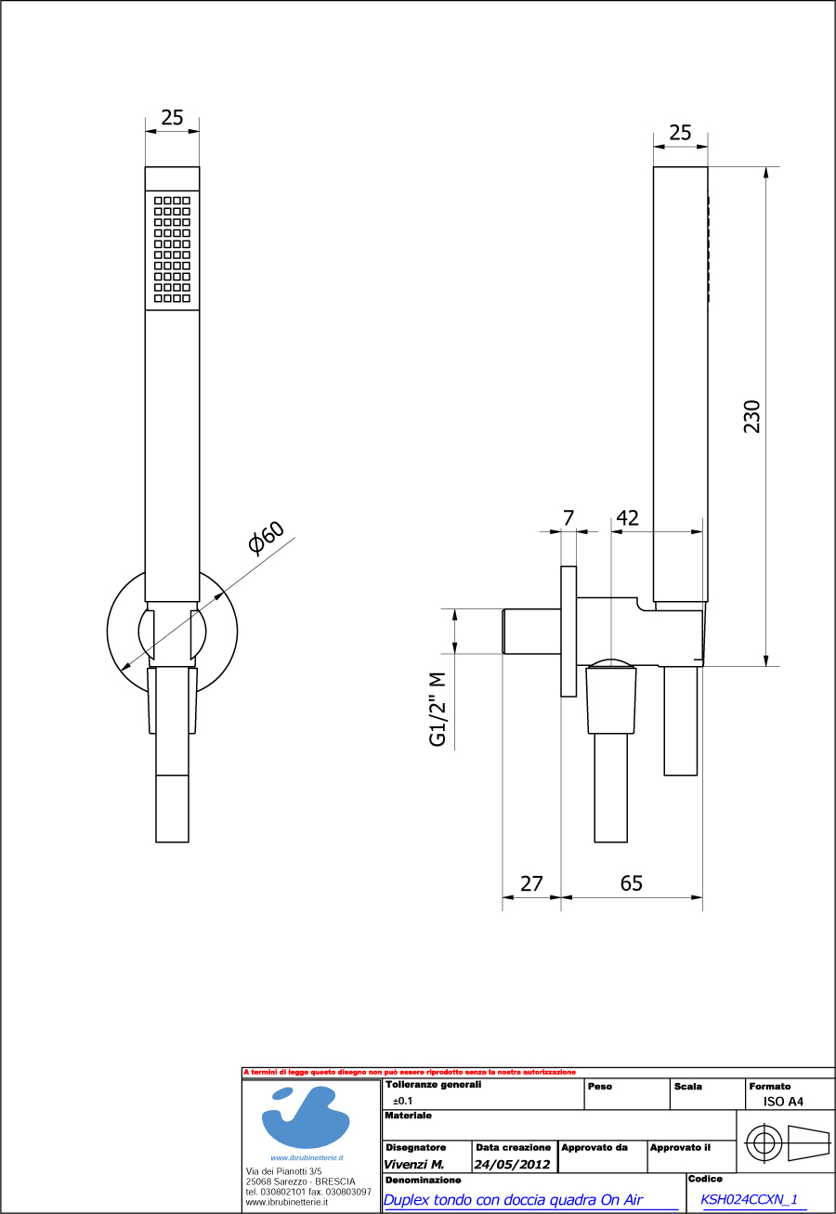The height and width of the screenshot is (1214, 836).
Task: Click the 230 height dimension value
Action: tap(752, 416)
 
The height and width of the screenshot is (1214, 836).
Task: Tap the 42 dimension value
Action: tap(628, 518)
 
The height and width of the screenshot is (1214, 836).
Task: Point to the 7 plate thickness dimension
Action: tap(568, 518)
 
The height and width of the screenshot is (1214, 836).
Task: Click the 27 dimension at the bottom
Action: tap(531, 883)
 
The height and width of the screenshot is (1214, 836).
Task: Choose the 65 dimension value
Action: tap(631, 883)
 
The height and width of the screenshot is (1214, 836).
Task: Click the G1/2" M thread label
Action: tap(438, 709)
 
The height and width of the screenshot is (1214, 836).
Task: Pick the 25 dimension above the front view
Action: tap(173, 117)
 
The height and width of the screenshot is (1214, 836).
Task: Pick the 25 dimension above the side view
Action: tap(680, 133)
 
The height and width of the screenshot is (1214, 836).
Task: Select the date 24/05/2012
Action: tap(512, 1165)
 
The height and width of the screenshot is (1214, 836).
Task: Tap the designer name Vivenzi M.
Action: tap(413, 1165)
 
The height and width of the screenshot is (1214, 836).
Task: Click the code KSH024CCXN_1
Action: tap(749, 1199)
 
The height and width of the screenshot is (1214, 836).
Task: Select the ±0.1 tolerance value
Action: tap(403, 1100)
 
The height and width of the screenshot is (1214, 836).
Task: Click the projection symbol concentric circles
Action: tap(764, 1142)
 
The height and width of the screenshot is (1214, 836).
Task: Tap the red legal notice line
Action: tap(410, 1072)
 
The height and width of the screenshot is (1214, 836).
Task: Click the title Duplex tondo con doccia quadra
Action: tap(513, 1200)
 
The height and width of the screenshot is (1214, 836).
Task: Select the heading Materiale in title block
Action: tap(408, 1115)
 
